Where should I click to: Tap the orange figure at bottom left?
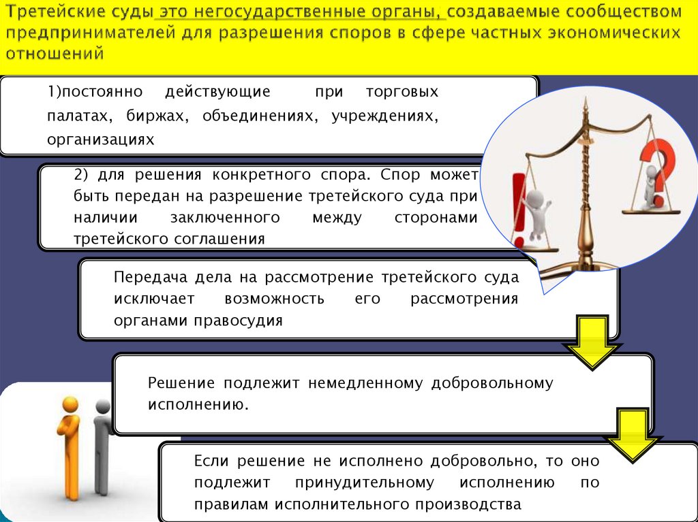[70, 446]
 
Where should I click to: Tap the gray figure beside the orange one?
[102, 446]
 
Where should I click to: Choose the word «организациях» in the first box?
[101, 140]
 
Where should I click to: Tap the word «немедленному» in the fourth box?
[365, 383]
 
